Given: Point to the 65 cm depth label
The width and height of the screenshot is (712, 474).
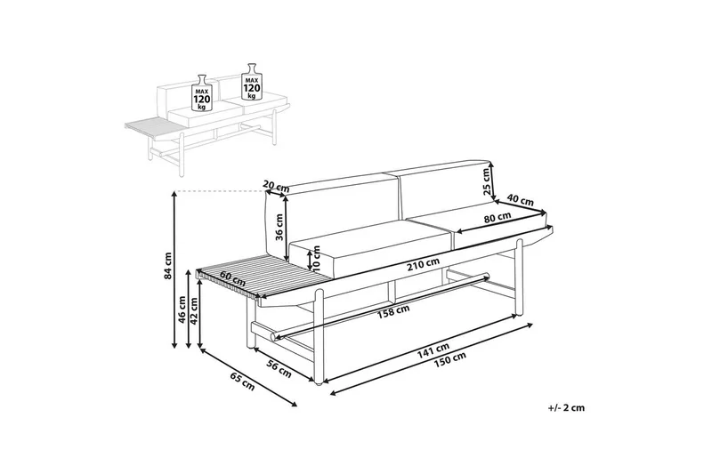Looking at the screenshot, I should pyautogui.click(x=242, y=384).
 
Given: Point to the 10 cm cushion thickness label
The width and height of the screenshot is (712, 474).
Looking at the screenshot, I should pyautogui.click(x=311, y=261).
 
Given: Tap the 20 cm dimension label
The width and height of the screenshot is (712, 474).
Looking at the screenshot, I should pyautogui.click(x=277, y=186).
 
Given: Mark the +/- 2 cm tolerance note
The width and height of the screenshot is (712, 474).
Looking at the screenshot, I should pyautogui.click(x=566, y=408).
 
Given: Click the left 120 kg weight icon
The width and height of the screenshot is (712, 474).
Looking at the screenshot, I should pyautogui.click(x=203, y=92).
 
